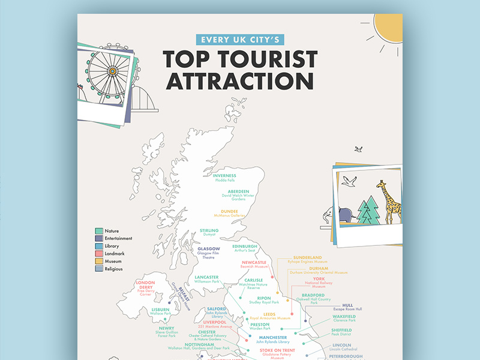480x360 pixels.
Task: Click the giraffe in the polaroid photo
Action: (x=391, y=202)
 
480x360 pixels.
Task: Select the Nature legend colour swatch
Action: (x=99, y=230)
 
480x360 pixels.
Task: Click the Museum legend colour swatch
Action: (x=99, y=262)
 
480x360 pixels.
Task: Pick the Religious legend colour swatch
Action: (x=99, y=269)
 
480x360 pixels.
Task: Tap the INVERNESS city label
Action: (x=224, y=175)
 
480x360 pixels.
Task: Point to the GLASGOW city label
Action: (x=209, y=248)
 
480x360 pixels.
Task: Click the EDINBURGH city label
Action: (x=244, y=246)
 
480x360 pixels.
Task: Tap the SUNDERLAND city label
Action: (x=307, y=257)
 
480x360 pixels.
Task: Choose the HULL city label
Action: (x=348, y=304)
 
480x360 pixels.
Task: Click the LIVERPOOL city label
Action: (x=214, y=322)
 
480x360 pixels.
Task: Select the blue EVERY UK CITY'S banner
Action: (x=239, y=40)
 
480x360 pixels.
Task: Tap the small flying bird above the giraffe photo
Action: (x=358, y=148)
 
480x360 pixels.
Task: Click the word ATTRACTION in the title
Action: (x=239, y=81)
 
